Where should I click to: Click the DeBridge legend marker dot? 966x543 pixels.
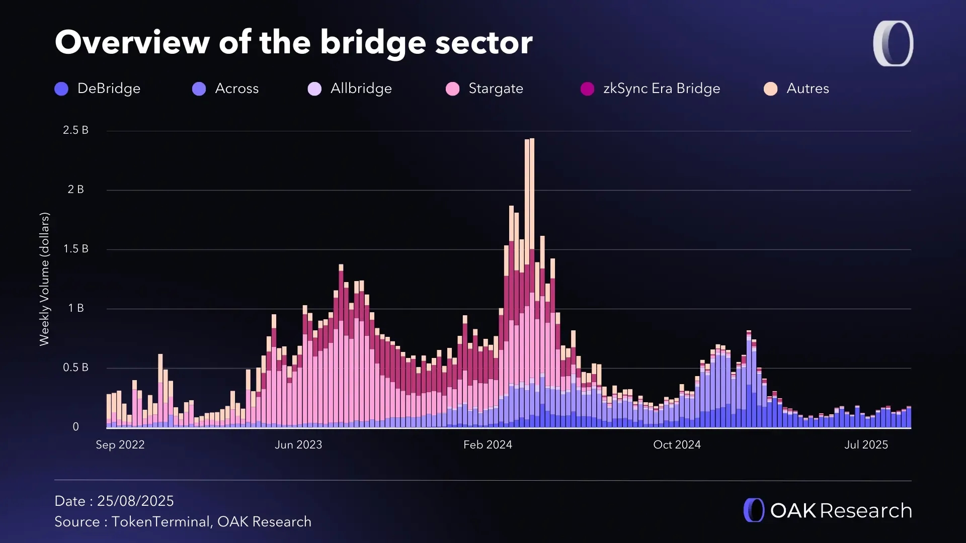coord(61,89)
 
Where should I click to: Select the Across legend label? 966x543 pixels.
coord(236,88)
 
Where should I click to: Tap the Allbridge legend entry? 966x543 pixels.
coord(361,88)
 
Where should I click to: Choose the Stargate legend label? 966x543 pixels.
coord(496,88)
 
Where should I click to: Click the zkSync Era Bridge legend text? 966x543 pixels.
coord(661,88)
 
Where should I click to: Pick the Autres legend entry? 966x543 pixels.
coord(807,88)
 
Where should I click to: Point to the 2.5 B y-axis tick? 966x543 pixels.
coord(75,130)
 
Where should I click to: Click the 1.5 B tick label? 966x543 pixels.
coord(75,249)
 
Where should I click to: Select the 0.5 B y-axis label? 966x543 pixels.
coord(75,368)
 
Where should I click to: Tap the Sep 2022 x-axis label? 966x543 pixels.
coord(120,445)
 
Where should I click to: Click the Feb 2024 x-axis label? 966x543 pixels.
coord(488,445)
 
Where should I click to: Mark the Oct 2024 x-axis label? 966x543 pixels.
coord(677,445)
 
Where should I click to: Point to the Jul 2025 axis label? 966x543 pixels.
coord(866,445)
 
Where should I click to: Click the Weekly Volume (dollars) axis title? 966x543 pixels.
coord(44,279)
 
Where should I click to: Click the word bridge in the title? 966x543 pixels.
coord(373,43)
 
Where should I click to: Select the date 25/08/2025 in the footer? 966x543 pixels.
coord(135,501)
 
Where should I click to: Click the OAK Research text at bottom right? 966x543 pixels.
coord(841,511)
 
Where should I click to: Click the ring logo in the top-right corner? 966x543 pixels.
coord(893,43)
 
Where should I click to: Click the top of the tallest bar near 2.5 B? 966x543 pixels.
coord(532,140)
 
